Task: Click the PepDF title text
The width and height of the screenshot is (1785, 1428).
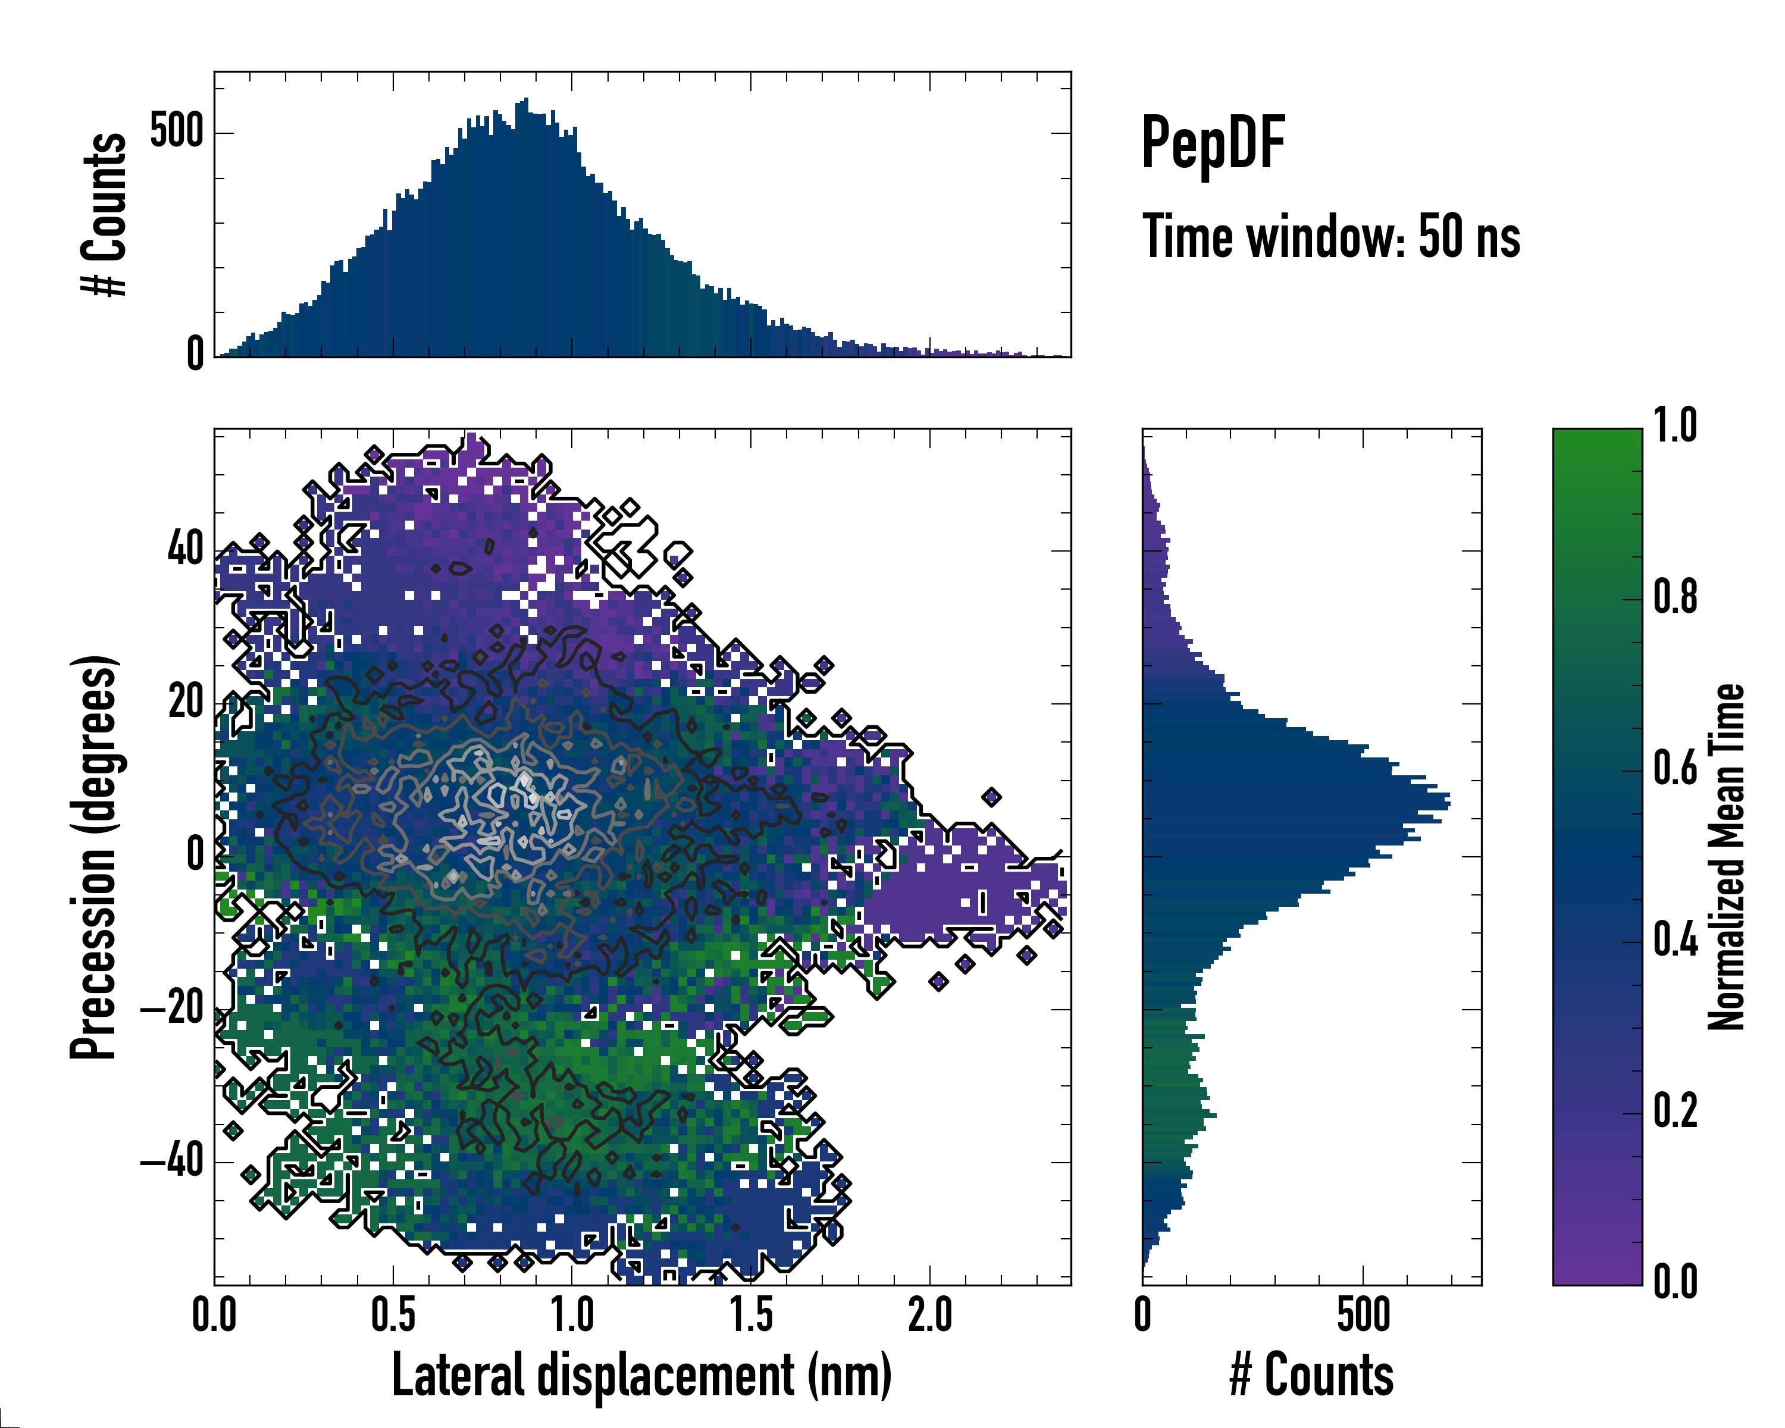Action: tap(1213, 144)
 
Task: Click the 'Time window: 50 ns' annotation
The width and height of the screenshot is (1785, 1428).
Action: tap(1330, 237)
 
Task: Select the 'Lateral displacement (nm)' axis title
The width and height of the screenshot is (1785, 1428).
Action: tap(641, 1375)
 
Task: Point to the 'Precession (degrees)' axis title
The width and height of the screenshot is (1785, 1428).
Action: tap(93, 857)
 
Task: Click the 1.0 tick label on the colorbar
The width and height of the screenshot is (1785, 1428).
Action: tap(1675, 427)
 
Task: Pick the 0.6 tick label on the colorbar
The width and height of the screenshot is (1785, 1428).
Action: tap(1675, 769)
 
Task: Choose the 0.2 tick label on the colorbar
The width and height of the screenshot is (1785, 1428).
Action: tap(1675, 1112)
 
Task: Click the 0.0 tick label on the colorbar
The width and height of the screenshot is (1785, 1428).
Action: tap(1675, 1282)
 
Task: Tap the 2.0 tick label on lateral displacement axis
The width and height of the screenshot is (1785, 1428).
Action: tap(930, 1316)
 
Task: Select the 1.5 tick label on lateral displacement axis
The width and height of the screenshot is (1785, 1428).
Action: tap(751, 1316)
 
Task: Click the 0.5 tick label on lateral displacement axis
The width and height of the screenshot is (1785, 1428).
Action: tap(393, 1316)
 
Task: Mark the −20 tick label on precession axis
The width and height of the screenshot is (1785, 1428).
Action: tap(171, 1009)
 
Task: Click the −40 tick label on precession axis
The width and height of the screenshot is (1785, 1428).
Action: tap(171, 1161)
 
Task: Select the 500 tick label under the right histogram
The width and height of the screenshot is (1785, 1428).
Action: tap(1363, 1316)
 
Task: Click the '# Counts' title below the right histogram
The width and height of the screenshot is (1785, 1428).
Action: tap(1311, 1375)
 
